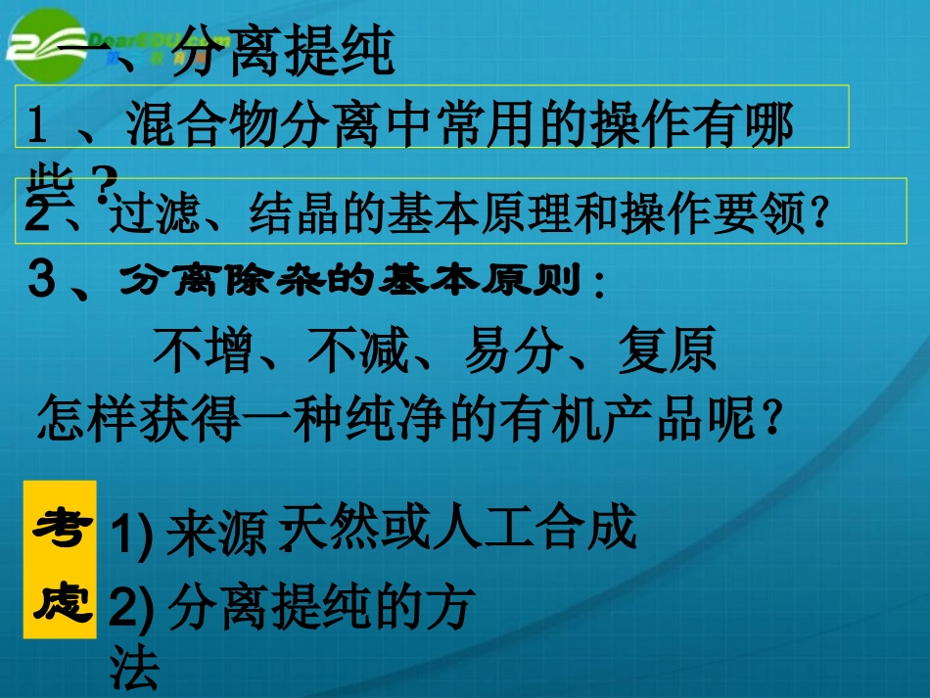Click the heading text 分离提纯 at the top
pyautogui.click(x=283, y=54)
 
